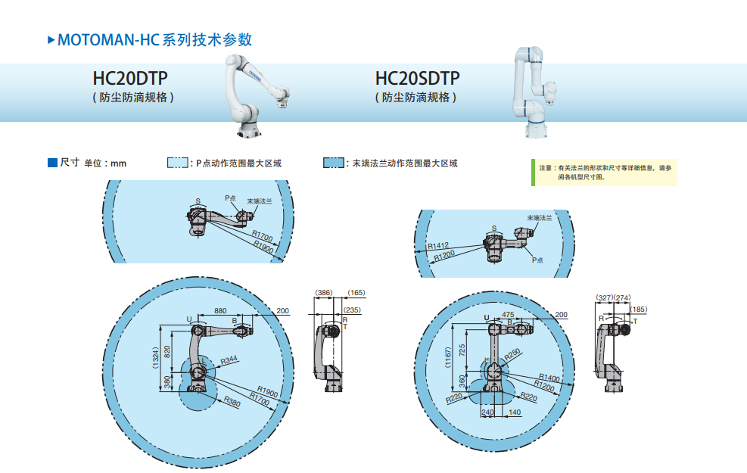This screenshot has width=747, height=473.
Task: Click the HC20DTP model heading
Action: tap(130, 79)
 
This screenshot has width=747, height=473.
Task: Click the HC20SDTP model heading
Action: tap(417, 79)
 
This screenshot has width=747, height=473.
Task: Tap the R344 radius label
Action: tap(229, 360)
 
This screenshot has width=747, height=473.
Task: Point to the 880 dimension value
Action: tap(220, 311)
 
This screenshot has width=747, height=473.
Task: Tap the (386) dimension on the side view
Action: tap(324, 292)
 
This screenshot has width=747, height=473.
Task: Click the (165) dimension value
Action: tap(356, 292)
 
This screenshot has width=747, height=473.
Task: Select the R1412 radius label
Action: tap(438, 246)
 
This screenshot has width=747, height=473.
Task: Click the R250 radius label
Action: tap(513, 355)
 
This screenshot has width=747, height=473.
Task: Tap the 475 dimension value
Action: tap(508, 314)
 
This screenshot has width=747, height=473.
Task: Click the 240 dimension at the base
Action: tap(488, 412)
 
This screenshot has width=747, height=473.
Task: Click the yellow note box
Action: tap(604, 172)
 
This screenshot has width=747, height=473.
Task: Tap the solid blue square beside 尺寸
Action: tap(52, 163)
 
